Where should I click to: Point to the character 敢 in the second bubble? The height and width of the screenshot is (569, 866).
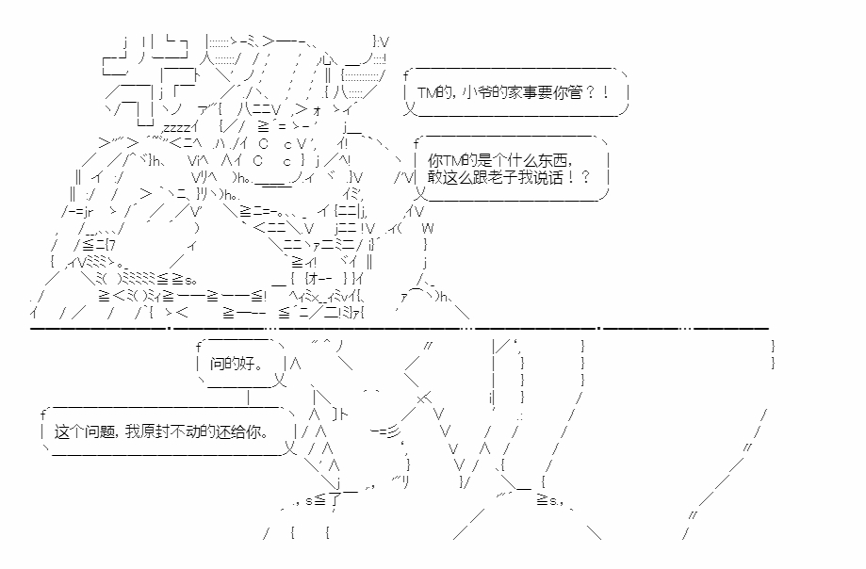pos(434,178)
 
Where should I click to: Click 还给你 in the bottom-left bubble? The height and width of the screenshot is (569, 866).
pos(237,431)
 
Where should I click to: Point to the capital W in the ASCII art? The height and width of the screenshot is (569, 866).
pos(428,228)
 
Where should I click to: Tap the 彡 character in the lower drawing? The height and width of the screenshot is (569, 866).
pos(393,431)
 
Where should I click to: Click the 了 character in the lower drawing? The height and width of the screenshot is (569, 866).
pos(335,500)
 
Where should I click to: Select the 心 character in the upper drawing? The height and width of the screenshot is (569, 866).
pos(328,58)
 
